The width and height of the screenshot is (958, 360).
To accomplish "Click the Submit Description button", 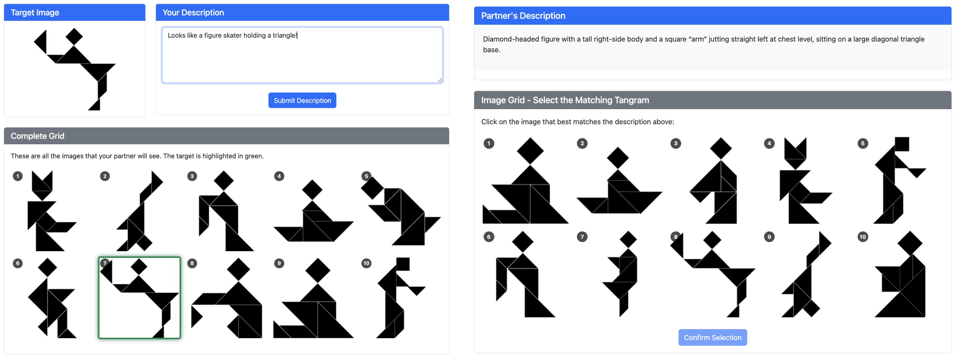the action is click(302, 100).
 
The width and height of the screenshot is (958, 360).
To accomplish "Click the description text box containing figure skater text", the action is click(302, 55).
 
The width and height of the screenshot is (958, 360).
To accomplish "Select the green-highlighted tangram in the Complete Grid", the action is click(139, 298).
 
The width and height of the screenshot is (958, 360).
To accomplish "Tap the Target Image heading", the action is click(35, 13).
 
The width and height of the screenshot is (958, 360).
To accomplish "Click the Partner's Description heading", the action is click(523, 16).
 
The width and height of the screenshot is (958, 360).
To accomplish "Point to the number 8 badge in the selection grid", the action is click(675, 237).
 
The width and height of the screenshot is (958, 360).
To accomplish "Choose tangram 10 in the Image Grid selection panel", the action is click(900, 274).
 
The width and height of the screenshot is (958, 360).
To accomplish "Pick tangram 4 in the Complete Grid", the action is click(314, 211).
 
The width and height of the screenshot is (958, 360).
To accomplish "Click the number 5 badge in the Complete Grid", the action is click(366, 176).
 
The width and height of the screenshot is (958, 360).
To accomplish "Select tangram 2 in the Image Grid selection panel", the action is click(619, 180).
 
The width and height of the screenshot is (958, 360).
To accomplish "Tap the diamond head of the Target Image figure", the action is click(74, 36).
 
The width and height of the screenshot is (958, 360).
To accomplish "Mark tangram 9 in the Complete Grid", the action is click(314, 298).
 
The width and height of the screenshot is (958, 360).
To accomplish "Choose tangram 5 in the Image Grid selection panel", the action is click(899, 180).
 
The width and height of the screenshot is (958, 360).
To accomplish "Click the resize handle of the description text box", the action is click(440, 80).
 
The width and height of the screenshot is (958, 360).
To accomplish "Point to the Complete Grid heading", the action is click(38, 136).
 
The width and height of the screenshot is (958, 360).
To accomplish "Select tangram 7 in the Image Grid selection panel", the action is click(620, 274).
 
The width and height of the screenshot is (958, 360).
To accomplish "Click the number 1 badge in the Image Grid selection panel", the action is click(489, 144).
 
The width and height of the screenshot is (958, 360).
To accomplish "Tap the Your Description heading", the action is click(193, 13).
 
